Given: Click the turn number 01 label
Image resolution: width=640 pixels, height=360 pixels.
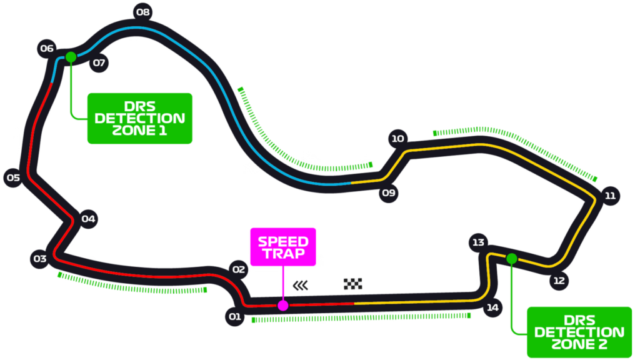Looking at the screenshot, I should tap(234, 317).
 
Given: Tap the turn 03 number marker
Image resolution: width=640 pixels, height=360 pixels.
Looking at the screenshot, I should tap(40, 259).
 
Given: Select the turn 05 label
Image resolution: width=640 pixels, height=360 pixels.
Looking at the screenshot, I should tap(13, 177).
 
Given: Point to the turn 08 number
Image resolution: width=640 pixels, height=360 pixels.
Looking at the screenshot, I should tap(142, 12).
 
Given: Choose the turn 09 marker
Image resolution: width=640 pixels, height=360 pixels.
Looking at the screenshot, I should tap(389, 192).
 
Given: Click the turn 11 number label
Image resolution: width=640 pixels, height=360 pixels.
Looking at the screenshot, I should tap(610, 196).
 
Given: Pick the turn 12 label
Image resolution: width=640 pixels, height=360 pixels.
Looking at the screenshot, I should tap(559, 281).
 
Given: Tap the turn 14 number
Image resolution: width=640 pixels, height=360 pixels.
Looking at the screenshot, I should tap(492, 307).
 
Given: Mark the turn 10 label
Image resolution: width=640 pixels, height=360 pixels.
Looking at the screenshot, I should tap(397, 139).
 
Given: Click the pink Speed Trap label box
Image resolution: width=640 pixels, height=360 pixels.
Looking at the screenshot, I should tap(283, 247).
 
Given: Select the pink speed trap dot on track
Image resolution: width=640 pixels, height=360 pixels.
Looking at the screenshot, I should tap(283, 306).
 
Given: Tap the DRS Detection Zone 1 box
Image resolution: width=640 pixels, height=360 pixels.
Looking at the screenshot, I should tap(139, 118).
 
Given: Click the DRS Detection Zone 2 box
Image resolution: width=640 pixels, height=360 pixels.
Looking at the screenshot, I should tap(579, 332).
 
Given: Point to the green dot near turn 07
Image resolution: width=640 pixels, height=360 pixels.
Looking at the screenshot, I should tap(71, 57).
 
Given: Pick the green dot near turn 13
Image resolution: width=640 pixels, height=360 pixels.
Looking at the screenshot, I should tap(512, 259).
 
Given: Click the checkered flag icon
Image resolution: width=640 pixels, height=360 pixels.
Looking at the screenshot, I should tap(353, 284).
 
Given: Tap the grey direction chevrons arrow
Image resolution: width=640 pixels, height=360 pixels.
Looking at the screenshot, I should tap(301, 285).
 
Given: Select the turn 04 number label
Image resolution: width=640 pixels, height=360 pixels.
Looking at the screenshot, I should tap(88, 219).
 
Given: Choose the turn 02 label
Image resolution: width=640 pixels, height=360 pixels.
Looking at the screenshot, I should tap(239, 270).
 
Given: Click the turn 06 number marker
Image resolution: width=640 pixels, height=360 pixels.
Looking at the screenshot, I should tap(47, 48).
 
